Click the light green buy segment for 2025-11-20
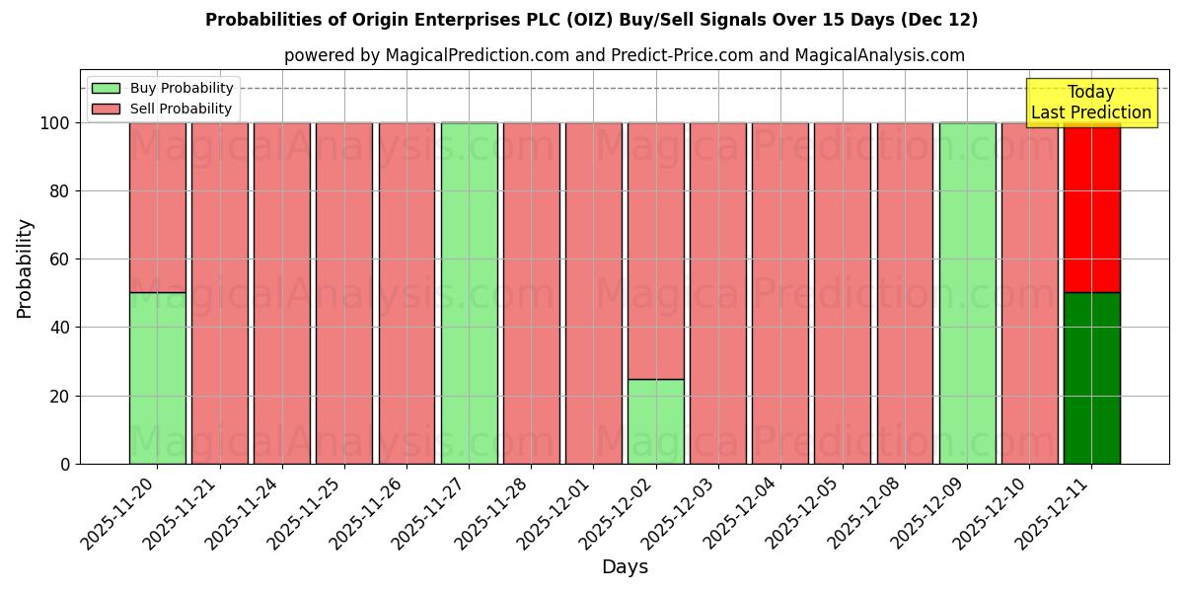157,378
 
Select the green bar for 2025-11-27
469,293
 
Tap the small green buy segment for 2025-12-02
655,421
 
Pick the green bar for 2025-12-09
967,293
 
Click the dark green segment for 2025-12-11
1091,378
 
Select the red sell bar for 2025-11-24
281,293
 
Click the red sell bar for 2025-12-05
842,293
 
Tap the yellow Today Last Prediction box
1090,103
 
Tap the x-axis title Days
625,567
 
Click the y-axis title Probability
25,268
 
